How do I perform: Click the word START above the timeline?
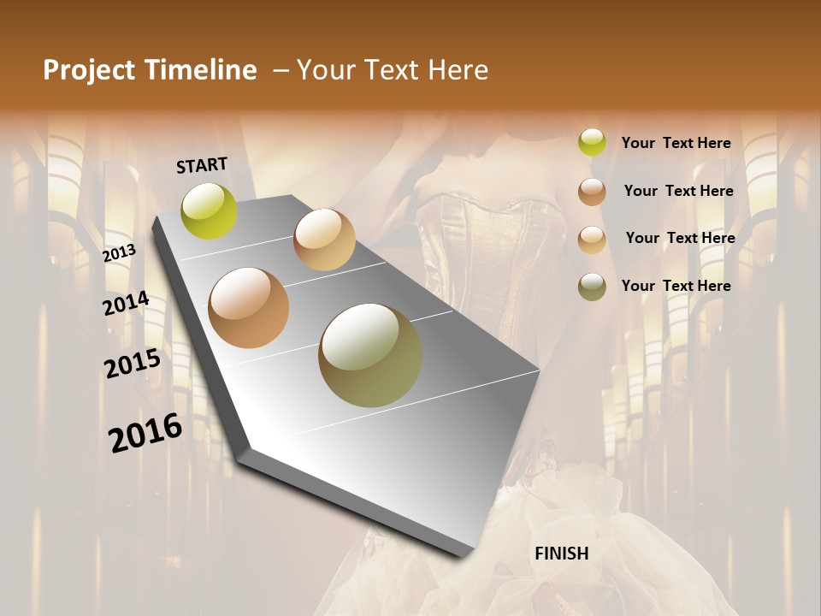(x=202, y=165)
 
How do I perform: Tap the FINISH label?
(x=561, y=554)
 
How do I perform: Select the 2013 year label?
(x=119, y=252)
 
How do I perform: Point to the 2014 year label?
(x=126, y=304)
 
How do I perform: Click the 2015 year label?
(x=133, y=364)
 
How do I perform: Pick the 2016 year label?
(x=145, y=432)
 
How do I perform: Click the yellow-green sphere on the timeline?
(x=210, y=211)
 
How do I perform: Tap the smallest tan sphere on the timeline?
(x=324, y=240)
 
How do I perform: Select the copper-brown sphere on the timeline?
(x=249, y=308)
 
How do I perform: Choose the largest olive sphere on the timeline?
(x=370, y=355)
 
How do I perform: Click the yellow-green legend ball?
(x=592, y=143)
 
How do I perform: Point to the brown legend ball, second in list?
(x=592, y=192)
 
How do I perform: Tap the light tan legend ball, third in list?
(x=592, y=240)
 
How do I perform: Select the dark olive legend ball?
(x=592, y=287)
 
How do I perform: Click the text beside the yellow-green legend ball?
(x=676, y=143)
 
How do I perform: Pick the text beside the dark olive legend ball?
(x=676, y=286)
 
